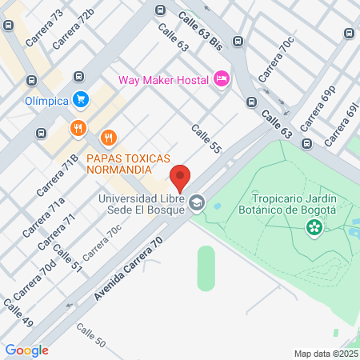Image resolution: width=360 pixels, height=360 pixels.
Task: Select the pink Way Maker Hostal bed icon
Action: click(x=222, y=79)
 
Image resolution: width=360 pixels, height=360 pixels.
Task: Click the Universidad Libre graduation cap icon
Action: click(x=197, y=204)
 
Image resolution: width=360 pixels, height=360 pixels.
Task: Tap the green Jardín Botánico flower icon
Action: click(x=314, y=228)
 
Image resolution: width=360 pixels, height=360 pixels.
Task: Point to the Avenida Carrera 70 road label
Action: click(x=128, y=269)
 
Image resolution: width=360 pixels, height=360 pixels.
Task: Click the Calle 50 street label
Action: click(x=90, y=335)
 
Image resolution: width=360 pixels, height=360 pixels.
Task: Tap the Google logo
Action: click(x=26, y=350)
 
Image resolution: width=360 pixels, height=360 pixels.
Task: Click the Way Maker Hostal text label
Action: click(x=163, y=79)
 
